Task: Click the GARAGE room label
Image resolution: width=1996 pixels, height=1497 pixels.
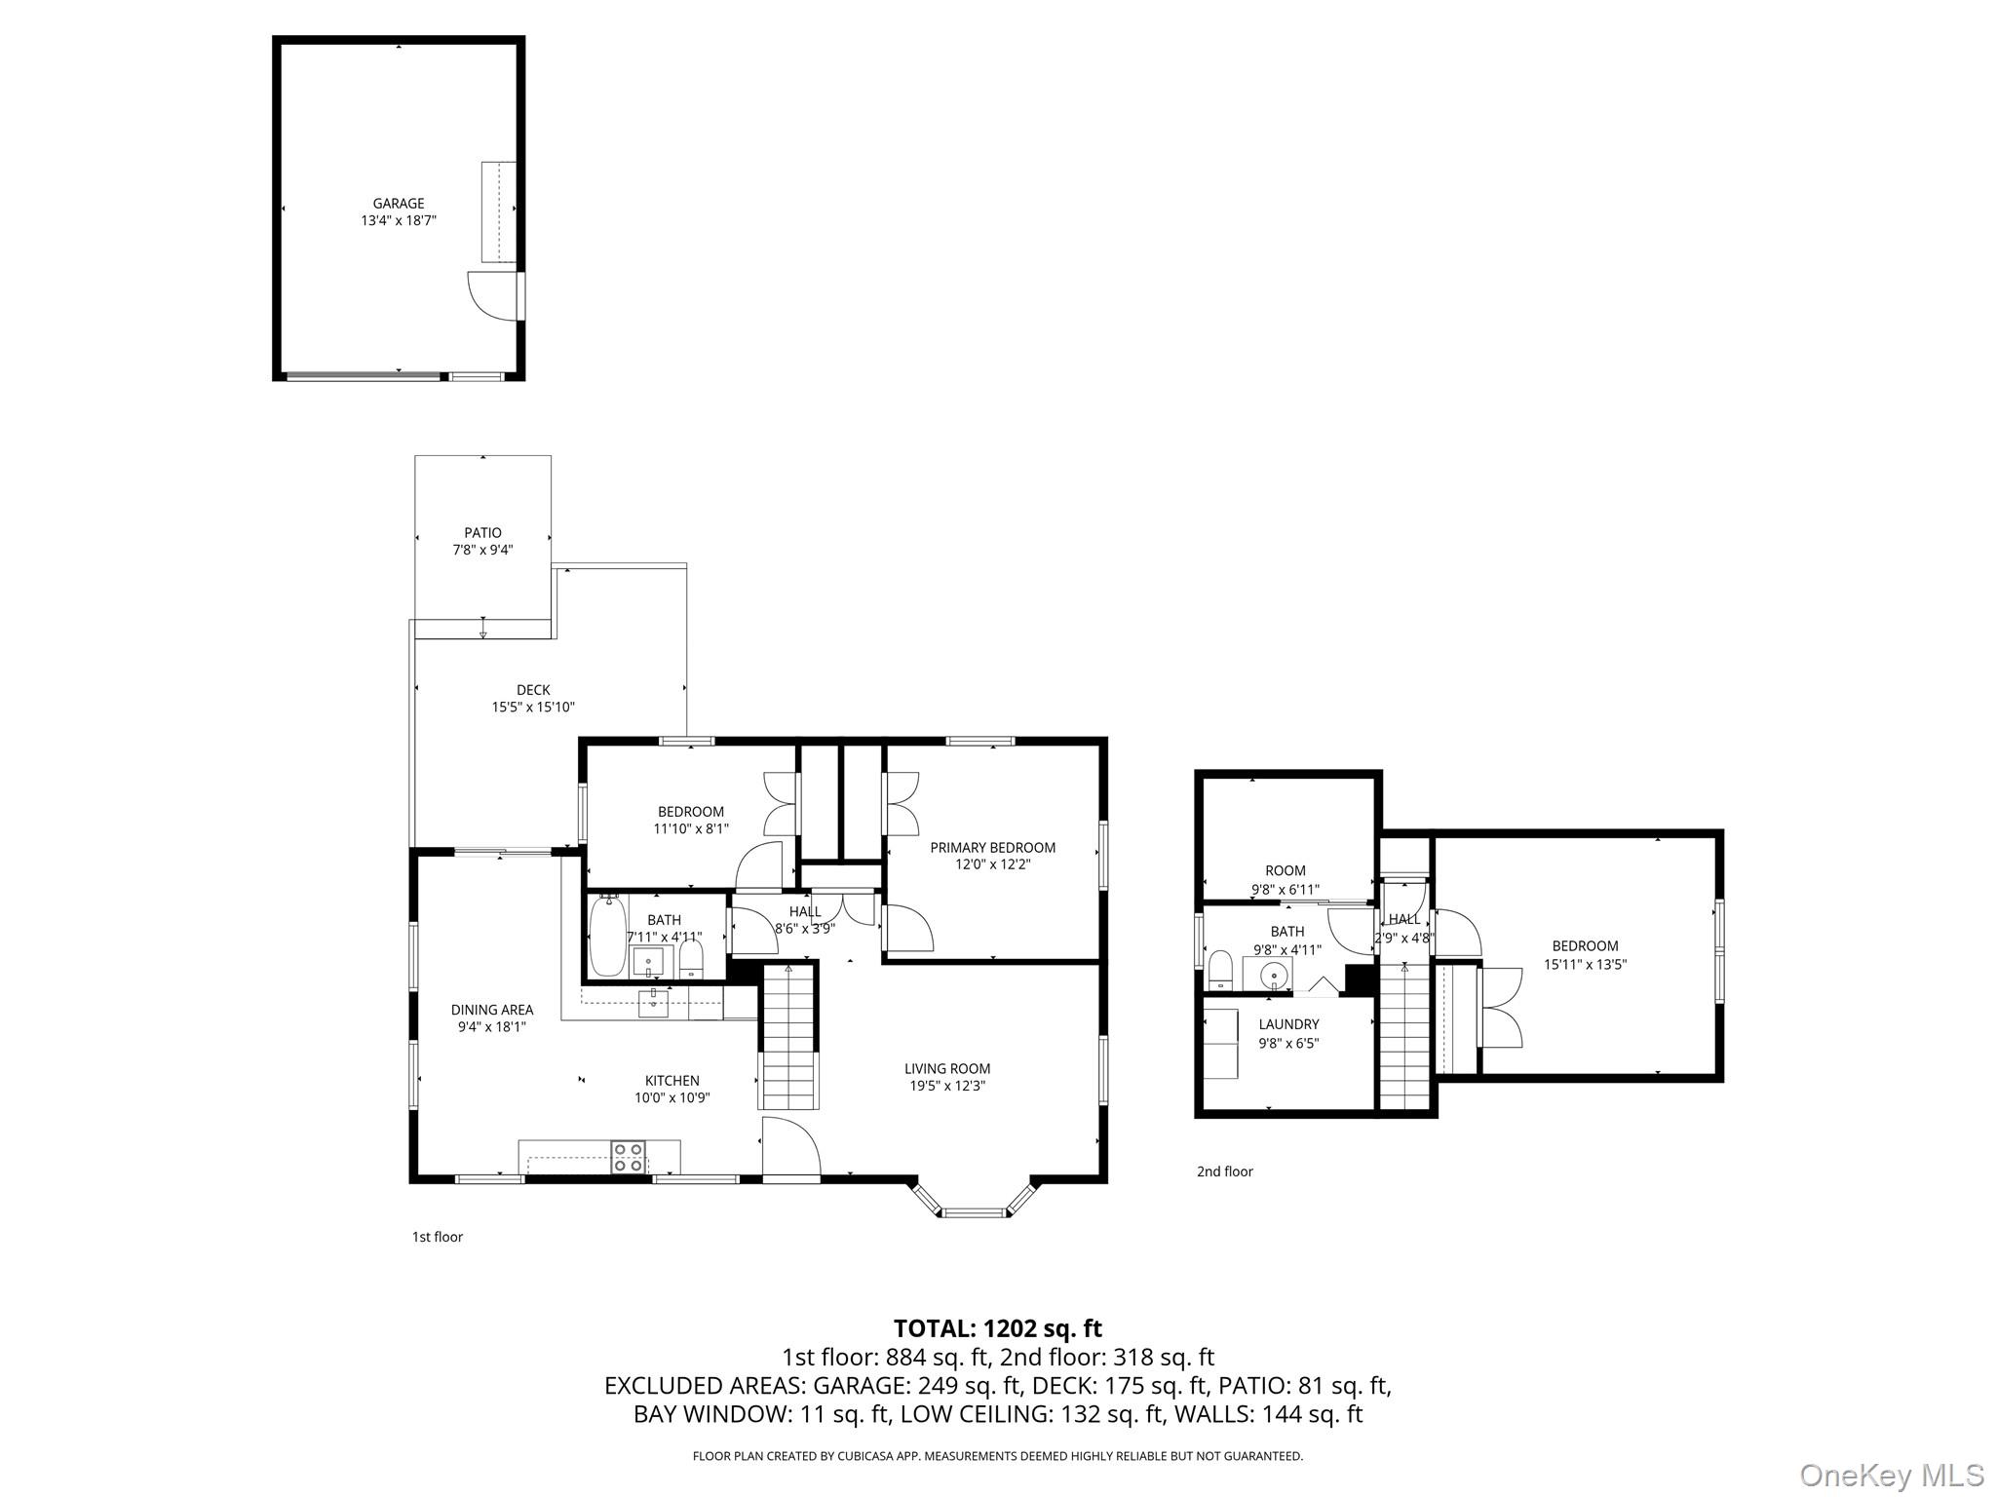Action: pyautogui.click(x=399, y=204)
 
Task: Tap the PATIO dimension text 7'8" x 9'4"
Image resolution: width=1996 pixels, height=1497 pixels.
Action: pyautogui.click(x=482, y=550)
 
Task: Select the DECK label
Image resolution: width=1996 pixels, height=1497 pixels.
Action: pyautogui.click(x=533, y=690)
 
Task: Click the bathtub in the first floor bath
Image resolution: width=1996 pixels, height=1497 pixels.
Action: pyautogui.click(x=607, y=936)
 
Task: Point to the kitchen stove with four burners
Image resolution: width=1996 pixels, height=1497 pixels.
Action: pyautogui.click(x=628, y=1157)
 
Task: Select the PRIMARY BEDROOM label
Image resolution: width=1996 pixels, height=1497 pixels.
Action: pyautogui.click(x=992, y=848)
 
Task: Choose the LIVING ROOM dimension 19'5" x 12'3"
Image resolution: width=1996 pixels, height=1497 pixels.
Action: pyautogui.click(x=946, y=1086)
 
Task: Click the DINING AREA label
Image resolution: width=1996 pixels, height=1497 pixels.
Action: pyautogui.click(x=491, y=1010)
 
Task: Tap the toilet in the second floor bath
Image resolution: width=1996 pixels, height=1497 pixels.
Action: pyautogui.click(x=1220, y=970)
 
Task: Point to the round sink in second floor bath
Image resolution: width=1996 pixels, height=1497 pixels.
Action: pyautogui.click(x=1273, y=973)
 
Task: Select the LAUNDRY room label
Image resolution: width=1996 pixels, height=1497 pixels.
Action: pyautogui.click(x=1288, y=1024)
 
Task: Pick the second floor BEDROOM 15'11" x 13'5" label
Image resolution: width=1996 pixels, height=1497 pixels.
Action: pyautogui.click(x=1585, y=945)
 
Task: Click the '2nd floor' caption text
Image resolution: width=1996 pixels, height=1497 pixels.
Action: pyautogui.click(x=1224, y=1171)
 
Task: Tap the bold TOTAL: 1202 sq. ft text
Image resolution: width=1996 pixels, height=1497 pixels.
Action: pyautogui.click(x=997, y=1328)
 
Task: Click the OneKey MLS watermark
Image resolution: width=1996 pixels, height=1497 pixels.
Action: pyautogui.click(x=1891, y=1475)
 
